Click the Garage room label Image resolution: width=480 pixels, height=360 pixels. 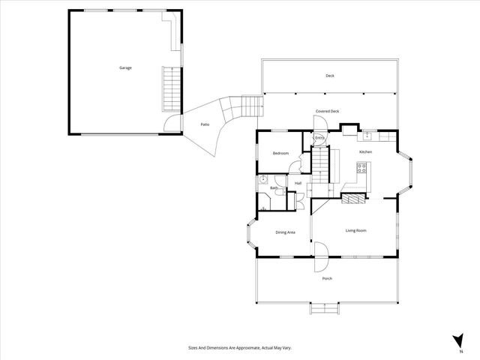click(x=125, y=68)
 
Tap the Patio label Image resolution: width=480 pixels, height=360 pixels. click(x=204, y=124)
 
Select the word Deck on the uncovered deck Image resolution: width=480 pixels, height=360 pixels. click(x=329, y=76)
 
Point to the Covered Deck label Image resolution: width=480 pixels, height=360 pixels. click(x=327, y=112)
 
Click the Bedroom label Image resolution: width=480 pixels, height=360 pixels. click(x=280, y=153)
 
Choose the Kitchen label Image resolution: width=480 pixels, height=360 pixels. click(x=365, y=152)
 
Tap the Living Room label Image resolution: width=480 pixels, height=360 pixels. click(x=355, y=231)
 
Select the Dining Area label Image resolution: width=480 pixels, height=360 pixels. click(x=285, y=232)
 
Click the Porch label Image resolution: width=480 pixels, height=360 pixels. click(x=327, y=278)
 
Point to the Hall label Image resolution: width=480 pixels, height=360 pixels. click(x=298, y=183)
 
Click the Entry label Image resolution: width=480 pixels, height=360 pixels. click(x=319, y=138)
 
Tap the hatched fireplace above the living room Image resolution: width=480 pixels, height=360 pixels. click(x=354, y=198)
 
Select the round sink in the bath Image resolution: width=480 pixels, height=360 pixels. click(x=262, y=180)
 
